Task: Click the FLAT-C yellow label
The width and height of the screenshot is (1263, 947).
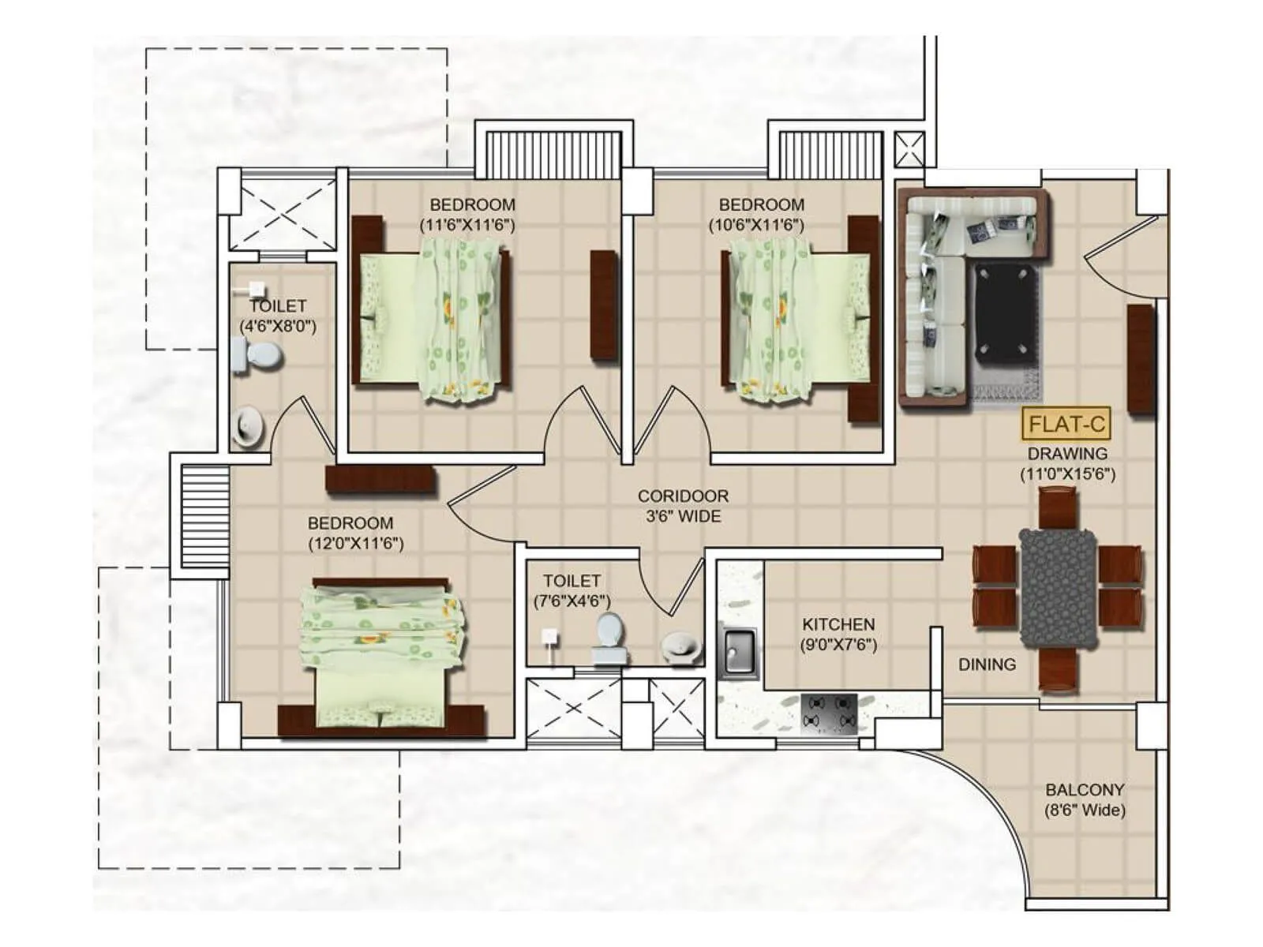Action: pyautogui.click(x=1066, y=425)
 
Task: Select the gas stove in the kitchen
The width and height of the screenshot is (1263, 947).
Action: pyautogui.click(x=829, y=713)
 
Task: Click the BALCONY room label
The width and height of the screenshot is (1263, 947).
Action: pyautogui.click(x=1085, y=789)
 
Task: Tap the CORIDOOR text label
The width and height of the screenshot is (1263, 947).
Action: pyautogui.click(x=683, y=496)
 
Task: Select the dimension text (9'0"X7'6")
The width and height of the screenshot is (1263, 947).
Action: pyautogui.click(x=838, y=644)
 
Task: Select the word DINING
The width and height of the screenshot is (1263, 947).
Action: pyautogui.click(x=987, y=664)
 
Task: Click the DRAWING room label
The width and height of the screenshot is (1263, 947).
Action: pyautogui.click(x=1067, y=454)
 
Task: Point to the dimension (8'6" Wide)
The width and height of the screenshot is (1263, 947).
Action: pyautogui.click(x=1085, y=810)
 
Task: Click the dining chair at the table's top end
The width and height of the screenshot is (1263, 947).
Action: pyautogui.click(x=1057, y=509)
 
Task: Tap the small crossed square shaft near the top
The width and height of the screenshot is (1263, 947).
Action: pyautogui.click(x=909, y=149)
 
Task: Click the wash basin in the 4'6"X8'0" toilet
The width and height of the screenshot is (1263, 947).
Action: pyautogui.click(x=247, y=425)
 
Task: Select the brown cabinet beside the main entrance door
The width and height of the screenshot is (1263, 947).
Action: pyautogui.click(x=1141, y=359)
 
